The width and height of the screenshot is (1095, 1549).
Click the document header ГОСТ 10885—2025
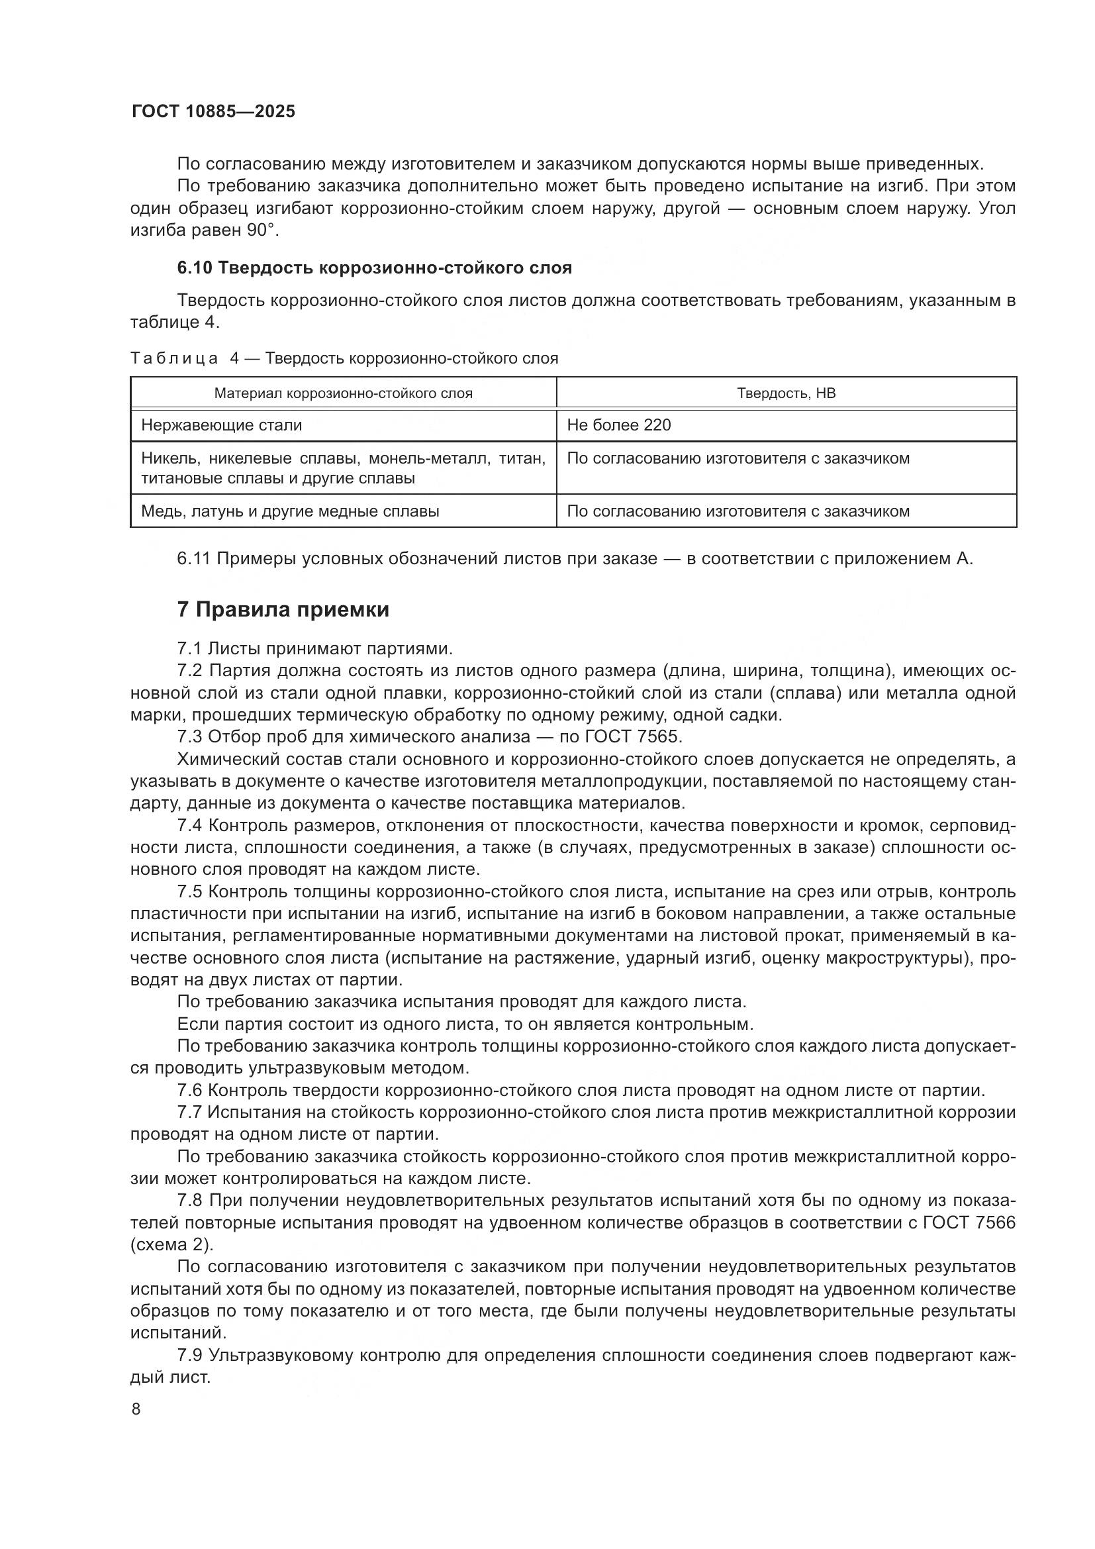(213, 112)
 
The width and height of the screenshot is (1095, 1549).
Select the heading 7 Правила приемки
(283, 610)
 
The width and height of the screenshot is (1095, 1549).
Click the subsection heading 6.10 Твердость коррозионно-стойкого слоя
(374, 268)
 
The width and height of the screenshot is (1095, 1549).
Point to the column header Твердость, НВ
(786, 393)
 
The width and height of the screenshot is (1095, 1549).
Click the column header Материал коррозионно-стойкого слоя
(343, 393)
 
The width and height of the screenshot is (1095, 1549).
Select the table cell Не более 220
(619, 425)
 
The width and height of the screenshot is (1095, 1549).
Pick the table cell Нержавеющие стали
(221, 425)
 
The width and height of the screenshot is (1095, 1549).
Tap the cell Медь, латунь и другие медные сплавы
(290, 511)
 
